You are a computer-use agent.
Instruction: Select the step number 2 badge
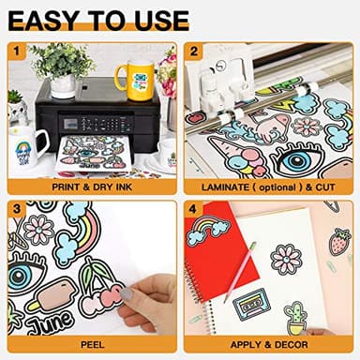[x=195, y=51]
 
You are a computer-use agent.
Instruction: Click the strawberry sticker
[x=338, y=242]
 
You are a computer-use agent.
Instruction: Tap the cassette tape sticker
[x=247, y=304]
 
